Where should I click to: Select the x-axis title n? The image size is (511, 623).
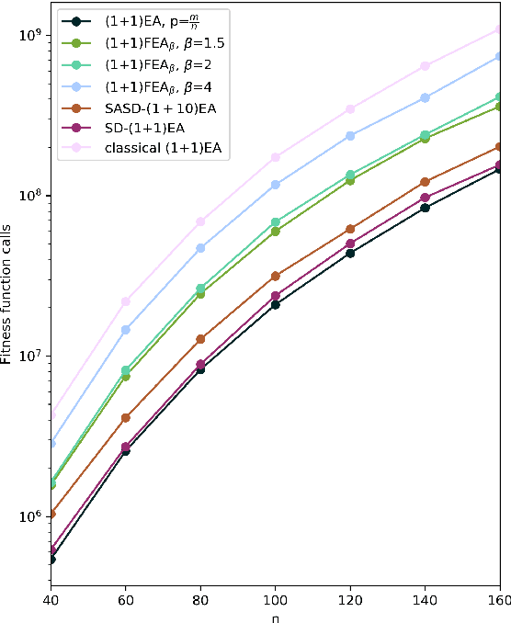pyautogui.click(x=275, y=617)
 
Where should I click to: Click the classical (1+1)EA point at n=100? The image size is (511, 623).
pyautogui.click(x=275, y=157)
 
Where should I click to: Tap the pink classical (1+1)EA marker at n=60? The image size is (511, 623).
pyautogui.click(x=125, y=301)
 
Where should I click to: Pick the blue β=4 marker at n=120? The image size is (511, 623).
pyautogui.click(x=350, y=136)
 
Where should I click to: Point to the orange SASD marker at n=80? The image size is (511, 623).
pyautogui.click(x=200, y=339)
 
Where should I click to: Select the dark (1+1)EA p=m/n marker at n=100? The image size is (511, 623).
pyautogui.click(x=275, y=304)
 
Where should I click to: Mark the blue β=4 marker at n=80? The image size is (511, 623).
pyautogui.click(x=200, y=248)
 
